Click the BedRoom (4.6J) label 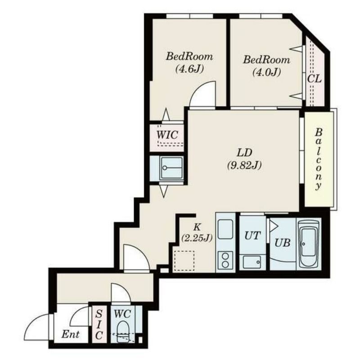[x=189, y=62]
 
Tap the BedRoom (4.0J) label [x=266, y=66]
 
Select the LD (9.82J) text [x=244, y=159]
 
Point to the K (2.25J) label [x=197, y=233]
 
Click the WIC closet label [x=167, y=135]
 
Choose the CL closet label [x=314, y=79]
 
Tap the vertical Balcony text [x=318, y=159]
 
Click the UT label [x=252, y=235]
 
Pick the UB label [x=283, y=243]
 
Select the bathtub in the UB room [x=309, y=244]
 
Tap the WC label [x=122, y=314]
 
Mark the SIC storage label [x=99, y=324]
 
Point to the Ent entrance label [x=70, y=334]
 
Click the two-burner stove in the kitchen [x=225, y=260]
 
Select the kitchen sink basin [x=225, y=229]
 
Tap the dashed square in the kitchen [x=184, y=261]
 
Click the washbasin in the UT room [x=252, y=262]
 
